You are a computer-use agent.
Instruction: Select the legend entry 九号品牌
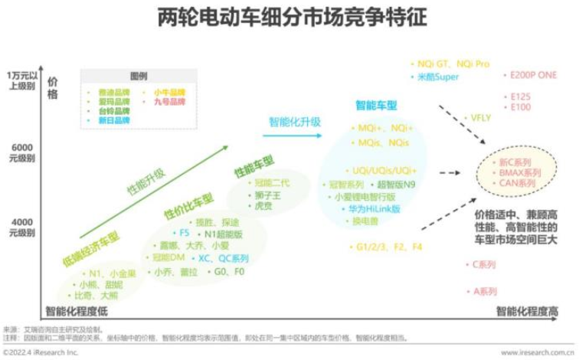coord(169,101)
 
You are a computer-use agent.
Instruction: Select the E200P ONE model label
coord(533,75)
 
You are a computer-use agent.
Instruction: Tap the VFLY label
coord(479,118)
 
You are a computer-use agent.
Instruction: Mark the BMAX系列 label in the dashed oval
coord(520,173)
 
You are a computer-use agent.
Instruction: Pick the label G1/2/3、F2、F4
coord(389,247)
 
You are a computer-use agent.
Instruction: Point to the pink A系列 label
coord(484,292)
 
